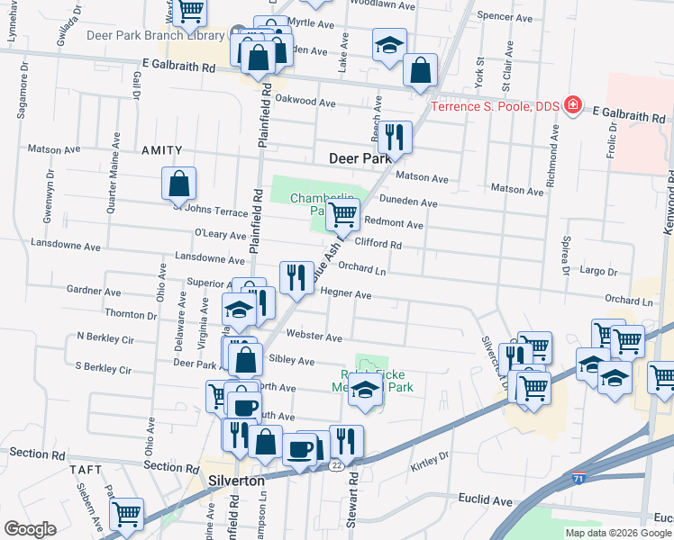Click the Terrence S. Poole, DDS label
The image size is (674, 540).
pyautogui.click(x=495, y=106)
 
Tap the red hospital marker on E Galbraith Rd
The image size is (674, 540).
pyautogui.click(x=572, y=106)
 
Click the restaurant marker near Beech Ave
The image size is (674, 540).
pyautogui.click(x=394, y=138)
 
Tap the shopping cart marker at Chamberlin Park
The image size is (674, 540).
pyautogui.click(x=342, y=215)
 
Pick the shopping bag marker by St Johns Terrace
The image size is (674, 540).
pyautogui.click(x=179, y=184)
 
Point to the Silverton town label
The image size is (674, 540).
pyautogui.click(x=236, y=481)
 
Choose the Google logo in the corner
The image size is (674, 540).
pyautogui.click(x=30, y=529)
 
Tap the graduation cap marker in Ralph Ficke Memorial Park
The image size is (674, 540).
pyautogui.click(x=365, y=391)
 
